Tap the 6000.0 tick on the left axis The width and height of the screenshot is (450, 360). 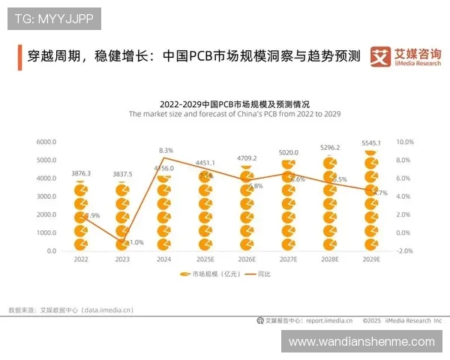[46, 142]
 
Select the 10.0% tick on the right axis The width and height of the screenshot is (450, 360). [404, 142]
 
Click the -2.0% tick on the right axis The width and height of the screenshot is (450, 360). [404, 251]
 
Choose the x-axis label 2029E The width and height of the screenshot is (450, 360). [370, 259]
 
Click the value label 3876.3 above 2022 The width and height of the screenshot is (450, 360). [82, 173]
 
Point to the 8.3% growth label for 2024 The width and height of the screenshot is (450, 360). [166, 151]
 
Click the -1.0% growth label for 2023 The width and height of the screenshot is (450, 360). [135, 242]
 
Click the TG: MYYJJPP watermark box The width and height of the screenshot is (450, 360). [54, 19]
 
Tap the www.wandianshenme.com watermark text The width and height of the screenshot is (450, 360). [361, 341]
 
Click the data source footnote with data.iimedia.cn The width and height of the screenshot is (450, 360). [70, 309]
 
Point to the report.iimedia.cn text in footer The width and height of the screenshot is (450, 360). [328, 320]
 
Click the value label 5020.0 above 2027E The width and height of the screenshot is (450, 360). [288, 152]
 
